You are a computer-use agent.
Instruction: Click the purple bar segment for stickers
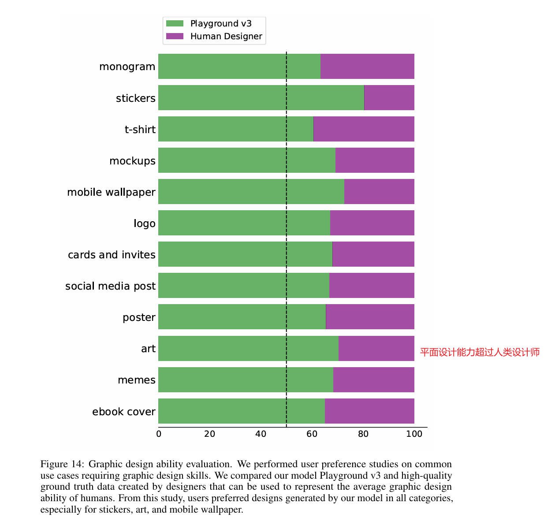389,97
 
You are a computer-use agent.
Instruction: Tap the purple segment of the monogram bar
367,66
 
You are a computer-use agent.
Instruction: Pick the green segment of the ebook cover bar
241,411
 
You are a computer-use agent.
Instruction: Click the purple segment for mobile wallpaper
379,191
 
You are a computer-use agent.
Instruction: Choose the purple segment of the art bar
376,348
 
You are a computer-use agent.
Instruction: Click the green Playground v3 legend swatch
175,23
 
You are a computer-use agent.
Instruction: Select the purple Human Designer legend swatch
175,36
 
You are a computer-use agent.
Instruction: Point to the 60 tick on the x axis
312,434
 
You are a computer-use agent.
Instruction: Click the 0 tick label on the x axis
159,434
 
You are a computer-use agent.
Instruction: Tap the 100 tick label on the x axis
414,434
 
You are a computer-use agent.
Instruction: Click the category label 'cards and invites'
112,255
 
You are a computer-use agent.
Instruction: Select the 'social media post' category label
110,286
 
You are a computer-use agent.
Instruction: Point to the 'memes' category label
137,380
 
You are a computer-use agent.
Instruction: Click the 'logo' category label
145,223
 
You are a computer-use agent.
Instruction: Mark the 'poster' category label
139,317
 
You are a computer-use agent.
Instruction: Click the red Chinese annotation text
480,352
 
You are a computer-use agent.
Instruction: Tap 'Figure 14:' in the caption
62,464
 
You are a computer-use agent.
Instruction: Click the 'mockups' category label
132,161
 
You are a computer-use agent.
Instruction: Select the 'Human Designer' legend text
226,36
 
